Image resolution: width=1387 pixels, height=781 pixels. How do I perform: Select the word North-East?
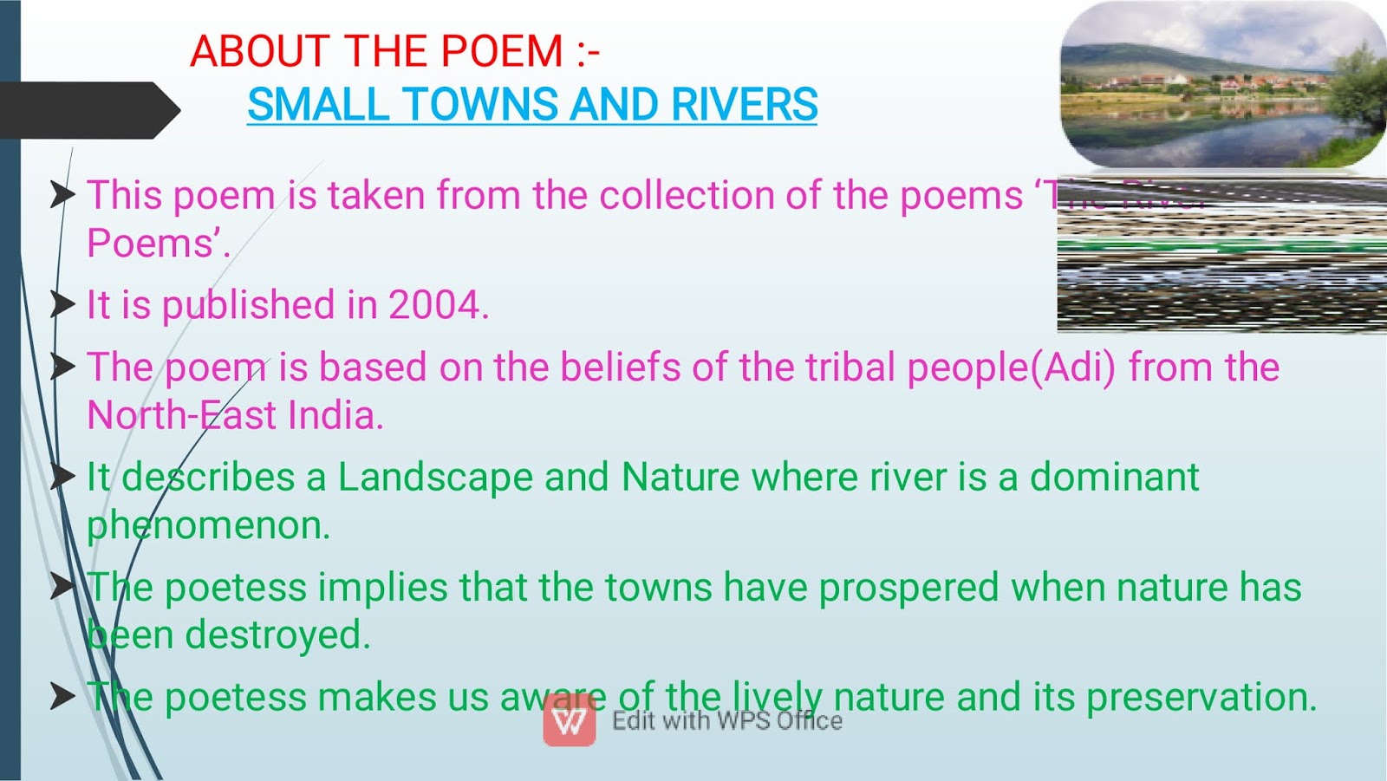[181, 415]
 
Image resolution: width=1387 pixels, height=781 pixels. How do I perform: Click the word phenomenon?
[208, 526]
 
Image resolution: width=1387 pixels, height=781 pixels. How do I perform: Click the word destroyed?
[277, 635]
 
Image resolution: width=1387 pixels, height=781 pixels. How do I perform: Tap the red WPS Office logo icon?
[570, 720]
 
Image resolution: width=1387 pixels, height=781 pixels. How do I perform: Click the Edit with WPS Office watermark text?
[726, 721]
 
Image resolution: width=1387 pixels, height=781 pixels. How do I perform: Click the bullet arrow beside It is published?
[62, 304]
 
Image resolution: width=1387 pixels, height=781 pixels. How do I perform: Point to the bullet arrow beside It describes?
[62, 477]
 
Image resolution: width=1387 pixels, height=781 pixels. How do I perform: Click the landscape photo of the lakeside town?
[1222, 85]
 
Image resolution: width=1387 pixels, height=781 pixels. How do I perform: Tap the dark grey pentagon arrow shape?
[87, 110]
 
